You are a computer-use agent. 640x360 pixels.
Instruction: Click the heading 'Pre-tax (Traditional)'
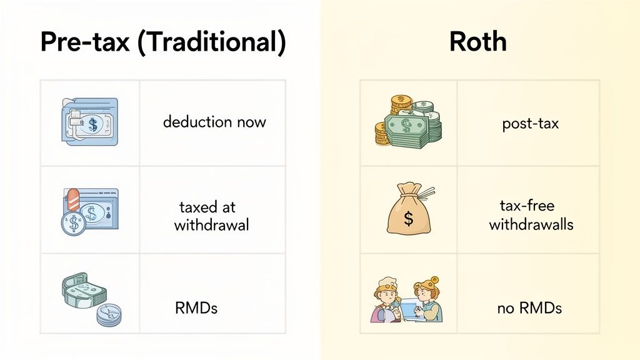pyautogui.click(x=162, y=42)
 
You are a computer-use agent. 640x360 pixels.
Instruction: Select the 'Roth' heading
pyautogui.click(x=477, y=42)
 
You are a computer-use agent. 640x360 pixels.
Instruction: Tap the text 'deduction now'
pyautogui.click(x=214, y=122)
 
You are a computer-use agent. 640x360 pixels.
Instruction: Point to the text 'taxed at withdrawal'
pyautogui.click(x=211, y=216)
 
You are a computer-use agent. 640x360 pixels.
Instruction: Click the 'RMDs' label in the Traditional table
pyautogui.click(x=196, y=307)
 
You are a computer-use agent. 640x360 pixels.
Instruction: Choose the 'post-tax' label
pyautogui.click(x=530, y=124)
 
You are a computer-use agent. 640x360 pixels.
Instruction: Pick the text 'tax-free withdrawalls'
pyautogui.click(x=531, y=215)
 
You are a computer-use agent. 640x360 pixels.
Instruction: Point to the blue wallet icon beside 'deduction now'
pyautogui.click(x=89, y=122)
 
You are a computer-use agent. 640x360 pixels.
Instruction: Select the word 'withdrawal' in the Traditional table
pyautogui.click(x=211, y=225)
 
